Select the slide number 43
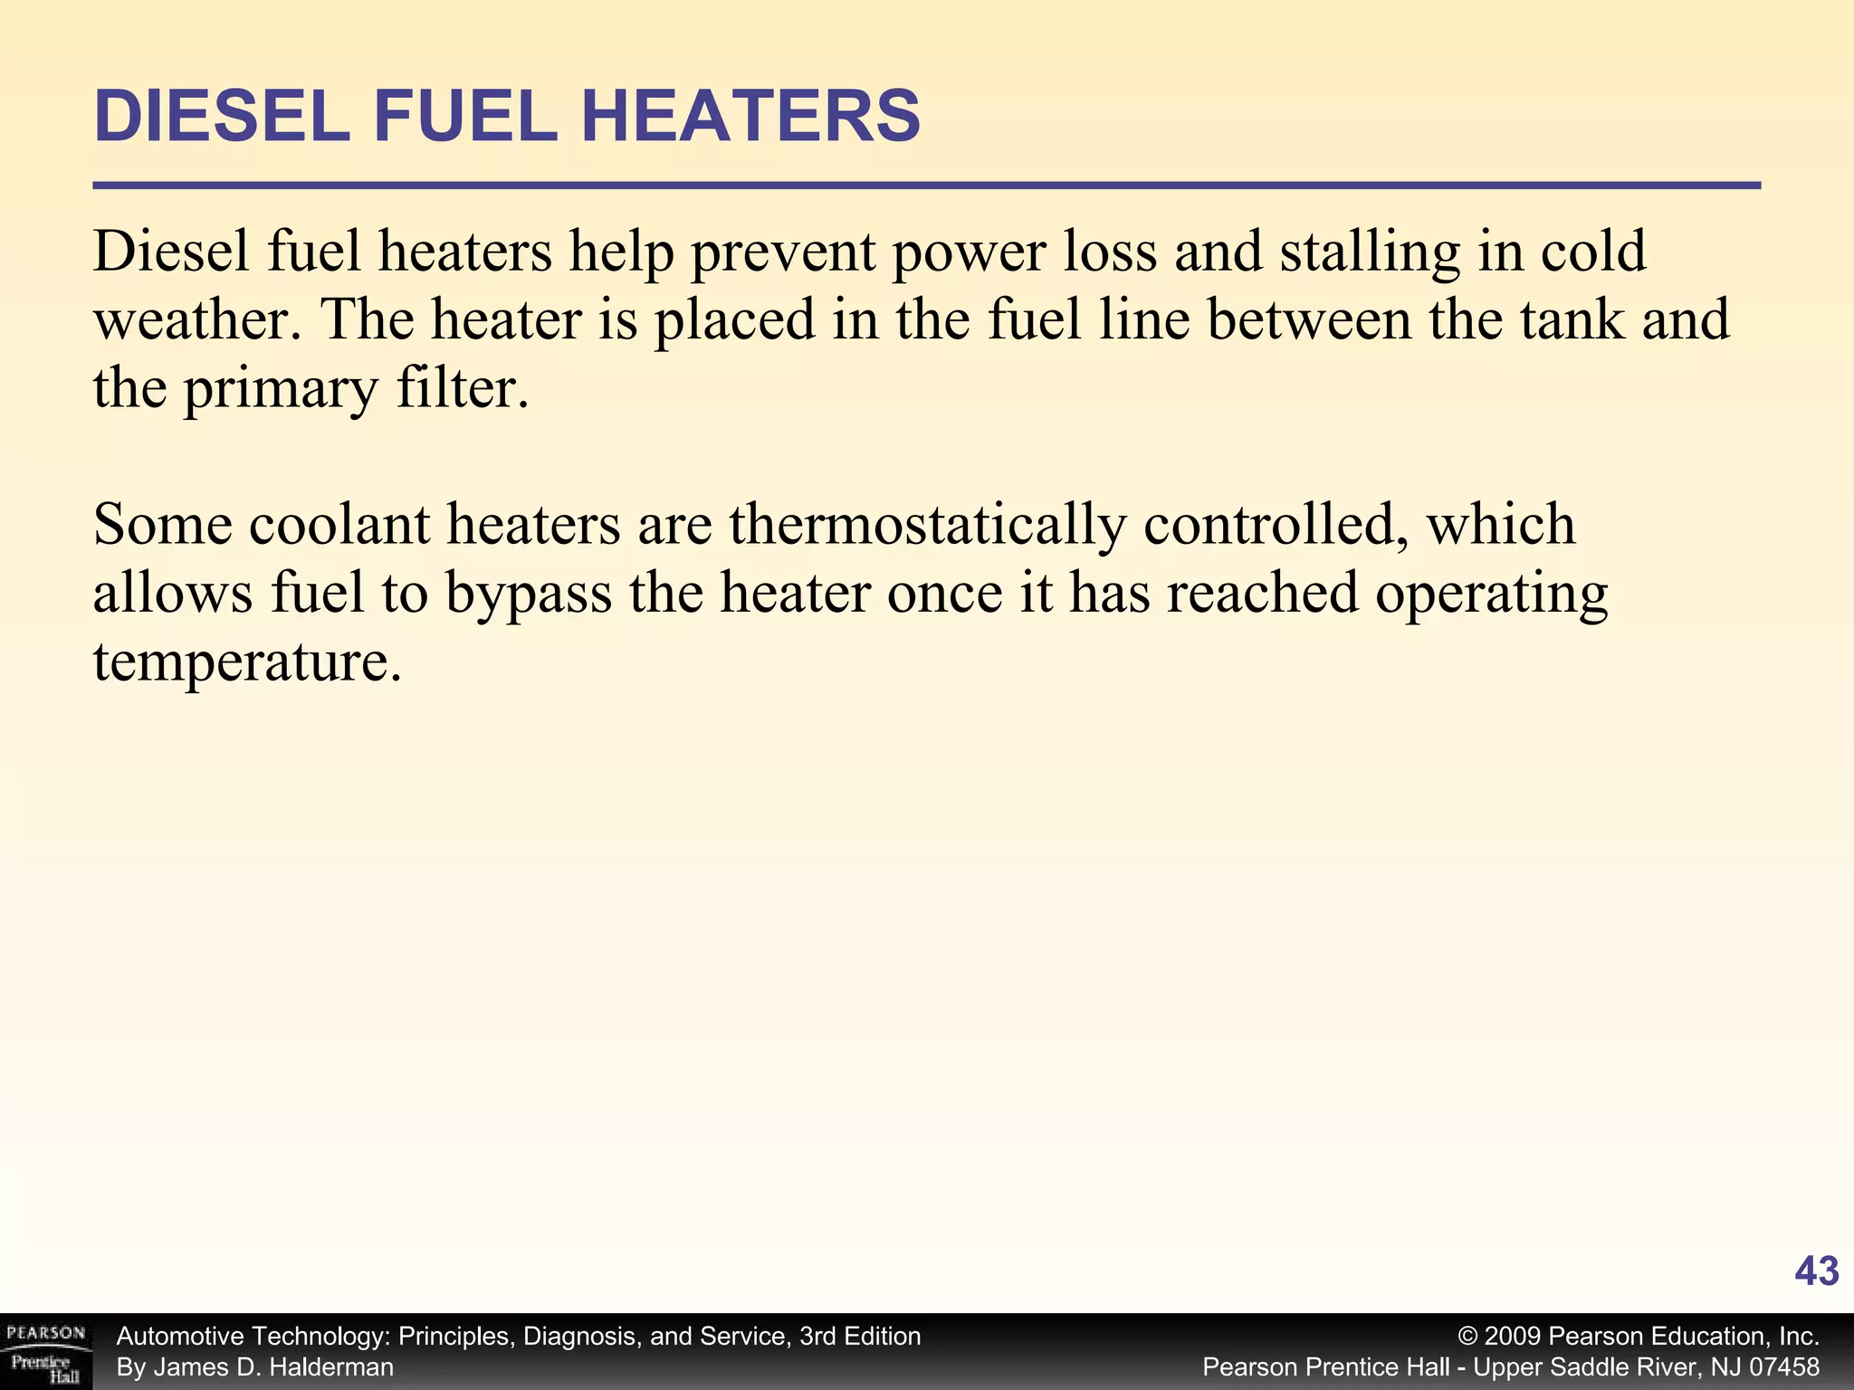(1816, 1271)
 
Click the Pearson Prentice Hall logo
(46, 1352)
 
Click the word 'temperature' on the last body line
(245, 662)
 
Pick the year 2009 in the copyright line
(1513, 1337)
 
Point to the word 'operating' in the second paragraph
(1491, 594)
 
